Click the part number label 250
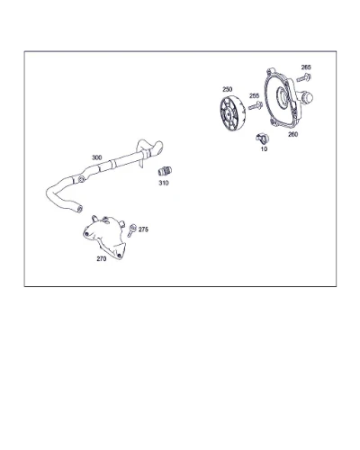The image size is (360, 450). [227, 89]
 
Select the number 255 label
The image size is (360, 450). [254, 95]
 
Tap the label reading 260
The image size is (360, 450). [292, 134]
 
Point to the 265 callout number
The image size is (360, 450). [306, 67]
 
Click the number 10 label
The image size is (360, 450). [264, 148]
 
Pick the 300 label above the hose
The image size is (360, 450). [96, 157]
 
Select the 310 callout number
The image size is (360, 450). [164, 183]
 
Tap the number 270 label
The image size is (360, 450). [102, 258]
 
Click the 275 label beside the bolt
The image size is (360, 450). [143, 229]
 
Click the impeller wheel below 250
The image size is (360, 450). [233, 114]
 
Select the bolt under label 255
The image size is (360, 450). [256, 105]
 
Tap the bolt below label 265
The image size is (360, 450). [303, 78]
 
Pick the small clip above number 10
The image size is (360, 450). [263, 139]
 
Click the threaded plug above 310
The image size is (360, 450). [165, 171]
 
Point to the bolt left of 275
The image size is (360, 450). [131, 230]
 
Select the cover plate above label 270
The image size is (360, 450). [104, 237]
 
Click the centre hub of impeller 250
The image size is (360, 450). [229, 114]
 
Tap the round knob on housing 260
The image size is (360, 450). [307, 97]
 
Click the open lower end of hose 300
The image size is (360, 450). [79, 208]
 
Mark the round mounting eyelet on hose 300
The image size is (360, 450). [81, 179]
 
